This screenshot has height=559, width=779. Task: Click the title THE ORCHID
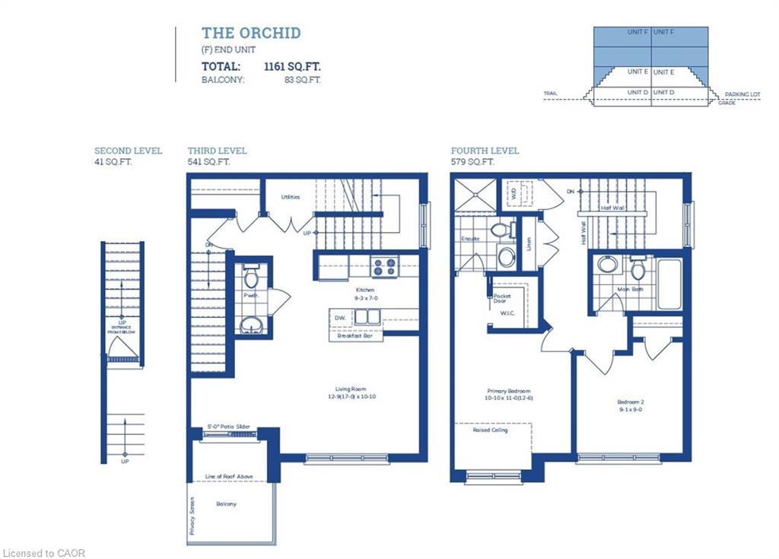[x=250, y=33]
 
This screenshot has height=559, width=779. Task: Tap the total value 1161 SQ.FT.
[x=292, y=66]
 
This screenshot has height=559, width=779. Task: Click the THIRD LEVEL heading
[x=217, y=151]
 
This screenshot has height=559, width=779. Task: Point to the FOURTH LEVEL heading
[x=485, y=151]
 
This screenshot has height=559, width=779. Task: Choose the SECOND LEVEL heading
[x=128, y=151]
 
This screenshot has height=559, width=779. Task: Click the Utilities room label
[x=290, y=197]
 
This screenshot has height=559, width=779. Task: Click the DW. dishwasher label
[x=339, y=317]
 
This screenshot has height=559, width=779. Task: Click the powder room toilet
[x=251, y=275]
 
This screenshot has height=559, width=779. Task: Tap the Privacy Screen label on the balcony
[x=192, y=520]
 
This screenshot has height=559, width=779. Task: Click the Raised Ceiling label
[x=491, y=430]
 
